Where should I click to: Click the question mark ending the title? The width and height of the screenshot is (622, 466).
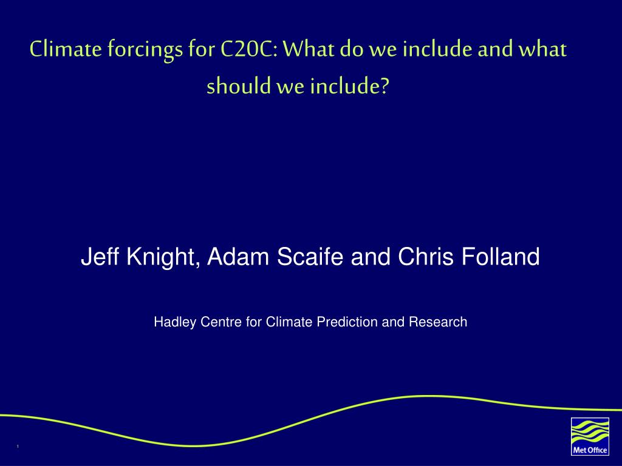tap(384, 86)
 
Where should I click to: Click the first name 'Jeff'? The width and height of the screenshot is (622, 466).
tap(101, 256)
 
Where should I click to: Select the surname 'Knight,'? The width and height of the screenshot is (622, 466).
tap(163, 257)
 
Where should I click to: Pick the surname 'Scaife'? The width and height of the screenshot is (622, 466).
tap(310, 256)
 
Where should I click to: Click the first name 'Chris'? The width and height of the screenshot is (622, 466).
tap(426, 256)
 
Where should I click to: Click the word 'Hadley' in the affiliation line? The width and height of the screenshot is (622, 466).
tap(175, 322)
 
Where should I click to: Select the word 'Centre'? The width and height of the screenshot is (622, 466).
tap(221, 322)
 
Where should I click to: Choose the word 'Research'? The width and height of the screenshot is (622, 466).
tap(438, 322)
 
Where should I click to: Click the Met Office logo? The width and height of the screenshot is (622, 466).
tap(590, 436)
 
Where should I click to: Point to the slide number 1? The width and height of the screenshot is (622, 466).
tap(18, 447)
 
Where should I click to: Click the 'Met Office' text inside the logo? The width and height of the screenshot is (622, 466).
tap(590, 450)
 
